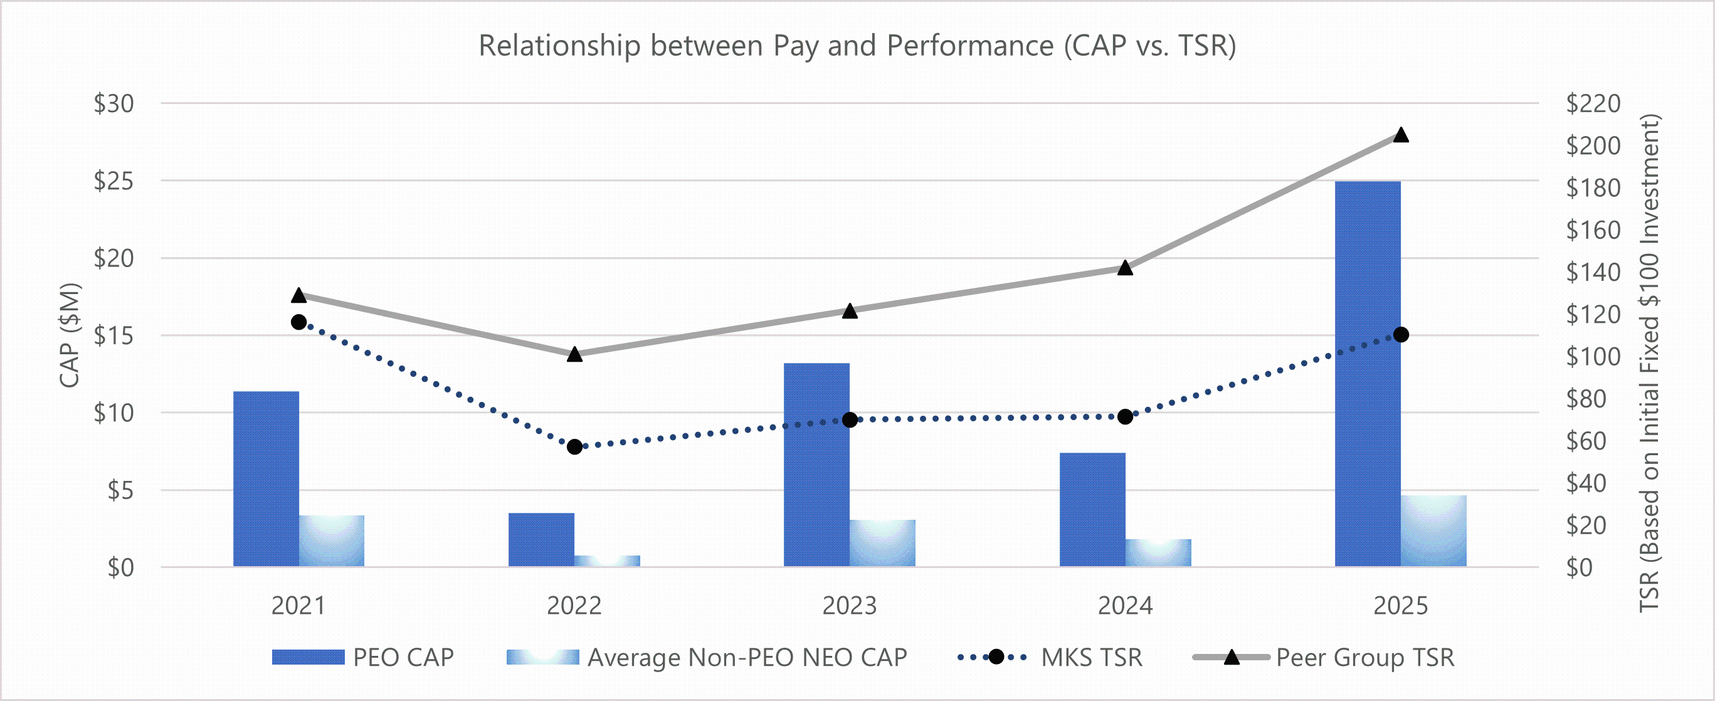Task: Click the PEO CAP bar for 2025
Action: click(1368, 373)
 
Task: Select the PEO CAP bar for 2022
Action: click(541, 539)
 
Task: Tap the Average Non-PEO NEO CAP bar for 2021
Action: click(332, 540)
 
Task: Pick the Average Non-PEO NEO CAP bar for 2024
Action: click(1158, 552)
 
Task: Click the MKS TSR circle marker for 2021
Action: click(299, 322)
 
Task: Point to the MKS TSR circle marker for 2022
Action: click(574, 446)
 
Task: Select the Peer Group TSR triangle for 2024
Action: click(1125, 268)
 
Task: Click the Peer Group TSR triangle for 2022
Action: click(574, 355)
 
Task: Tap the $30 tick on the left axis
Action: click(114, 103)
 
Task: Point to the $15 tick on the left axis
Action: click(114, 335)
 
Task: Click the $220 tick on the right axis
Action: click(1593, 103)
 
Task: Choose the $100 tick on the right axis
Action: click(1593, 357)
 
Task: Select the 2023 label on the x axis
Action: click(850, 606)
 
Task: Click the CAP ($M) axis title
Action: click(70, 335)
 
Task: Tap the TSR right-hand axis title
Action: click(1649, 363)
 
